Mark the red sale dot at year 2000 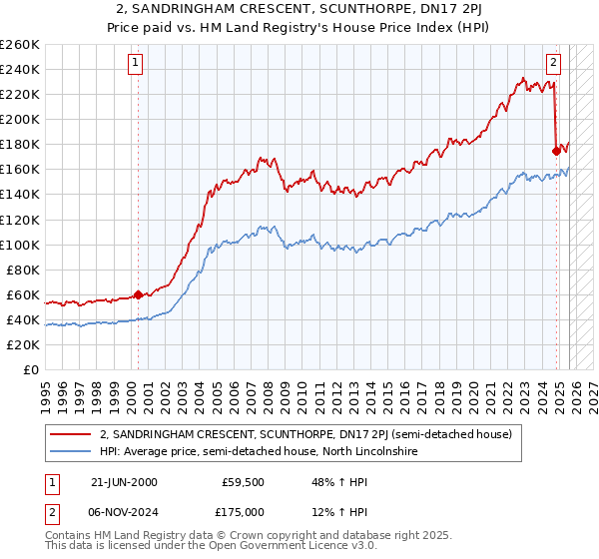tap(138, 294)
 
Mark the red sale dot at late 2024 tap(556, 151)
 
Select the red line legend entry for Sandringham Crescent tap(305, 434)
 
